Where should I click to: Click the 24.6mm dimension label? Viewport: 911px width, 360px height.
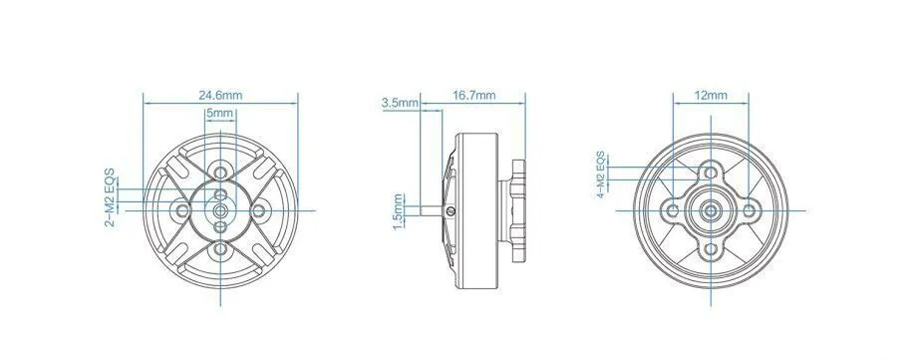[221, 96]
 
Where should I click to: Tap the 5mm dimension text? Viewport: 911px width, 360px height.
[219, 113]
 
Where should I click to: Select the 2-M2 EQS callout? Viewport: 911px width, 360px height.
[110, 197]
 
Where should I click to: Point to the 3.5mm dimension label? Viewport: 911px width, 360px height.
[400, 103]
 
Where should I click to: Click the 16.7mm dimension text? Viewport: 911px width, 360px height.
[474, 96]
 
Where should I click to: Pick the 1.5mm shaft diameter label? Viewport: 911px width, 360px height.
[398, 211]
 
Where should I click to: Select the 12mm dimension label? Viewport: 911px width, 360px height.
[711, 96]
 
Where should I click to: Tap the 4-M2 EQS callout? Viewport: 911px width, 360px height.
[601, 175]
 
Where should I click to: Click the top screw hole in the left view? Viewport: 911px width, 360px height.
[220, 173]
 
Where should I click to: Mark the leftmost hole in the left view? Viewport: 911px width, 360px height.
[182, 210]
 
